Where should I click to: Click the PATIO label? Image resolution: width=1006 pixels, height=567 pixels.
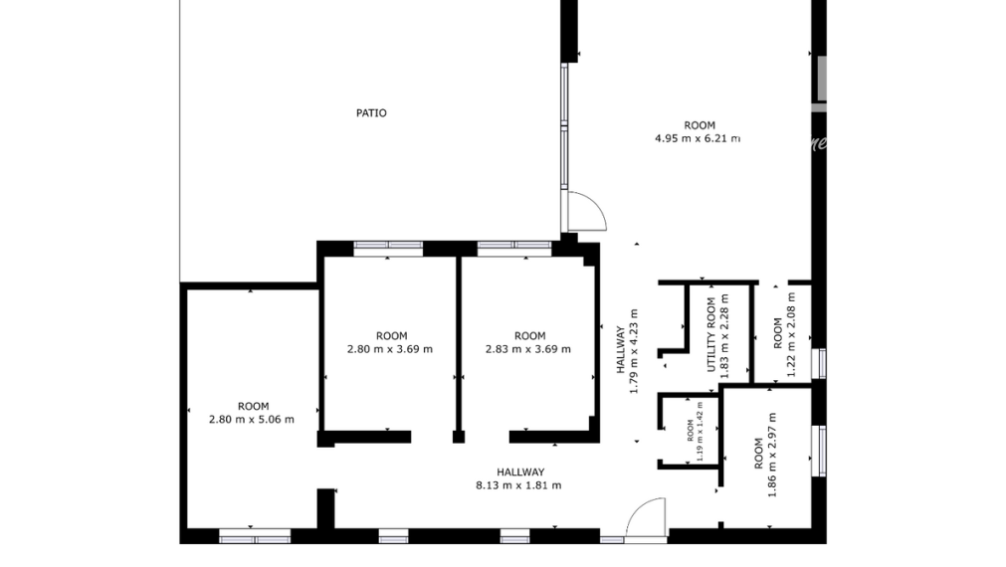(371, 113)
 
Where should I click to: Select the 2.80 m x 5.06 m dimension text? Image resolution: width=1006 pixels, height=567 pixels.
(252, 419)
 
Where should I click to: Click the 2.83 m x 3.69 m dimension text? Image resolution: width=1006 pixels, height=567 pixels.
(528, 349)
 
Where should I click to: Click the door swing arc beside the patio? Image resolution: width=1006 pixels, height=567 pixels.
(587, 210)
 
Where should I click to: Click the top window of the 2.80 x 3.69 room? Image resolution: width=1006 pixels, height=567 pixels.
(388, 245)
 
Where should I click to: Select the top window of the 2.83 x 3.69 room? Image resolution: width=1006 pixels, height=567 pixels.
(513, 245)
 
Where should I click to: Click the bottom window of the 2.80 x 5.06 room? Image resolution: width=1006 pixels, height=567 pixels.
(255, 538)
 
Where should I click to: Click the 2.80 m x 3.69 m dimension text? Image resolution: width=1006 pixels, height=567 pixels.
(389, 349)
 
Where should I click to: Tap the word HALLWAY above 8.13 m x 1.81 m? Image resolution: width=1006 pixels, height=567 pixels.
(520, 472)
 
